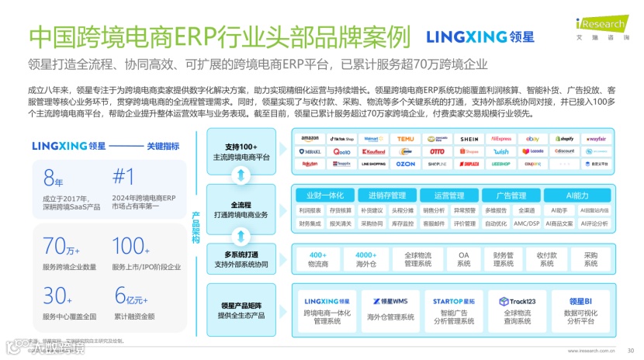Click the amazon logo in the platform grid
(x=310, y=138)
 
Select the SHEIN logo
(x=469, y=138)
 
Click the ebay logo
(x=532, y=138)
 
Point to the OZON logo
(x=406, y=164)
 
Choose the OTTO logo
(x=438, y=151)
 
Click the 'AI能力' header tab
(x=576, y=196)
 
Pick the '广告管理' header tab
(x=512, y=196)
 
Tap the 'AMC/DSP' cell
(x=527, y=223)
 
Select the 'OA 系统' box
(x=464, y=258)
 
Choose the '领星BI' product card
(x=584, y=309)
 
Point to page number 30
(x=630, y=350)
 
